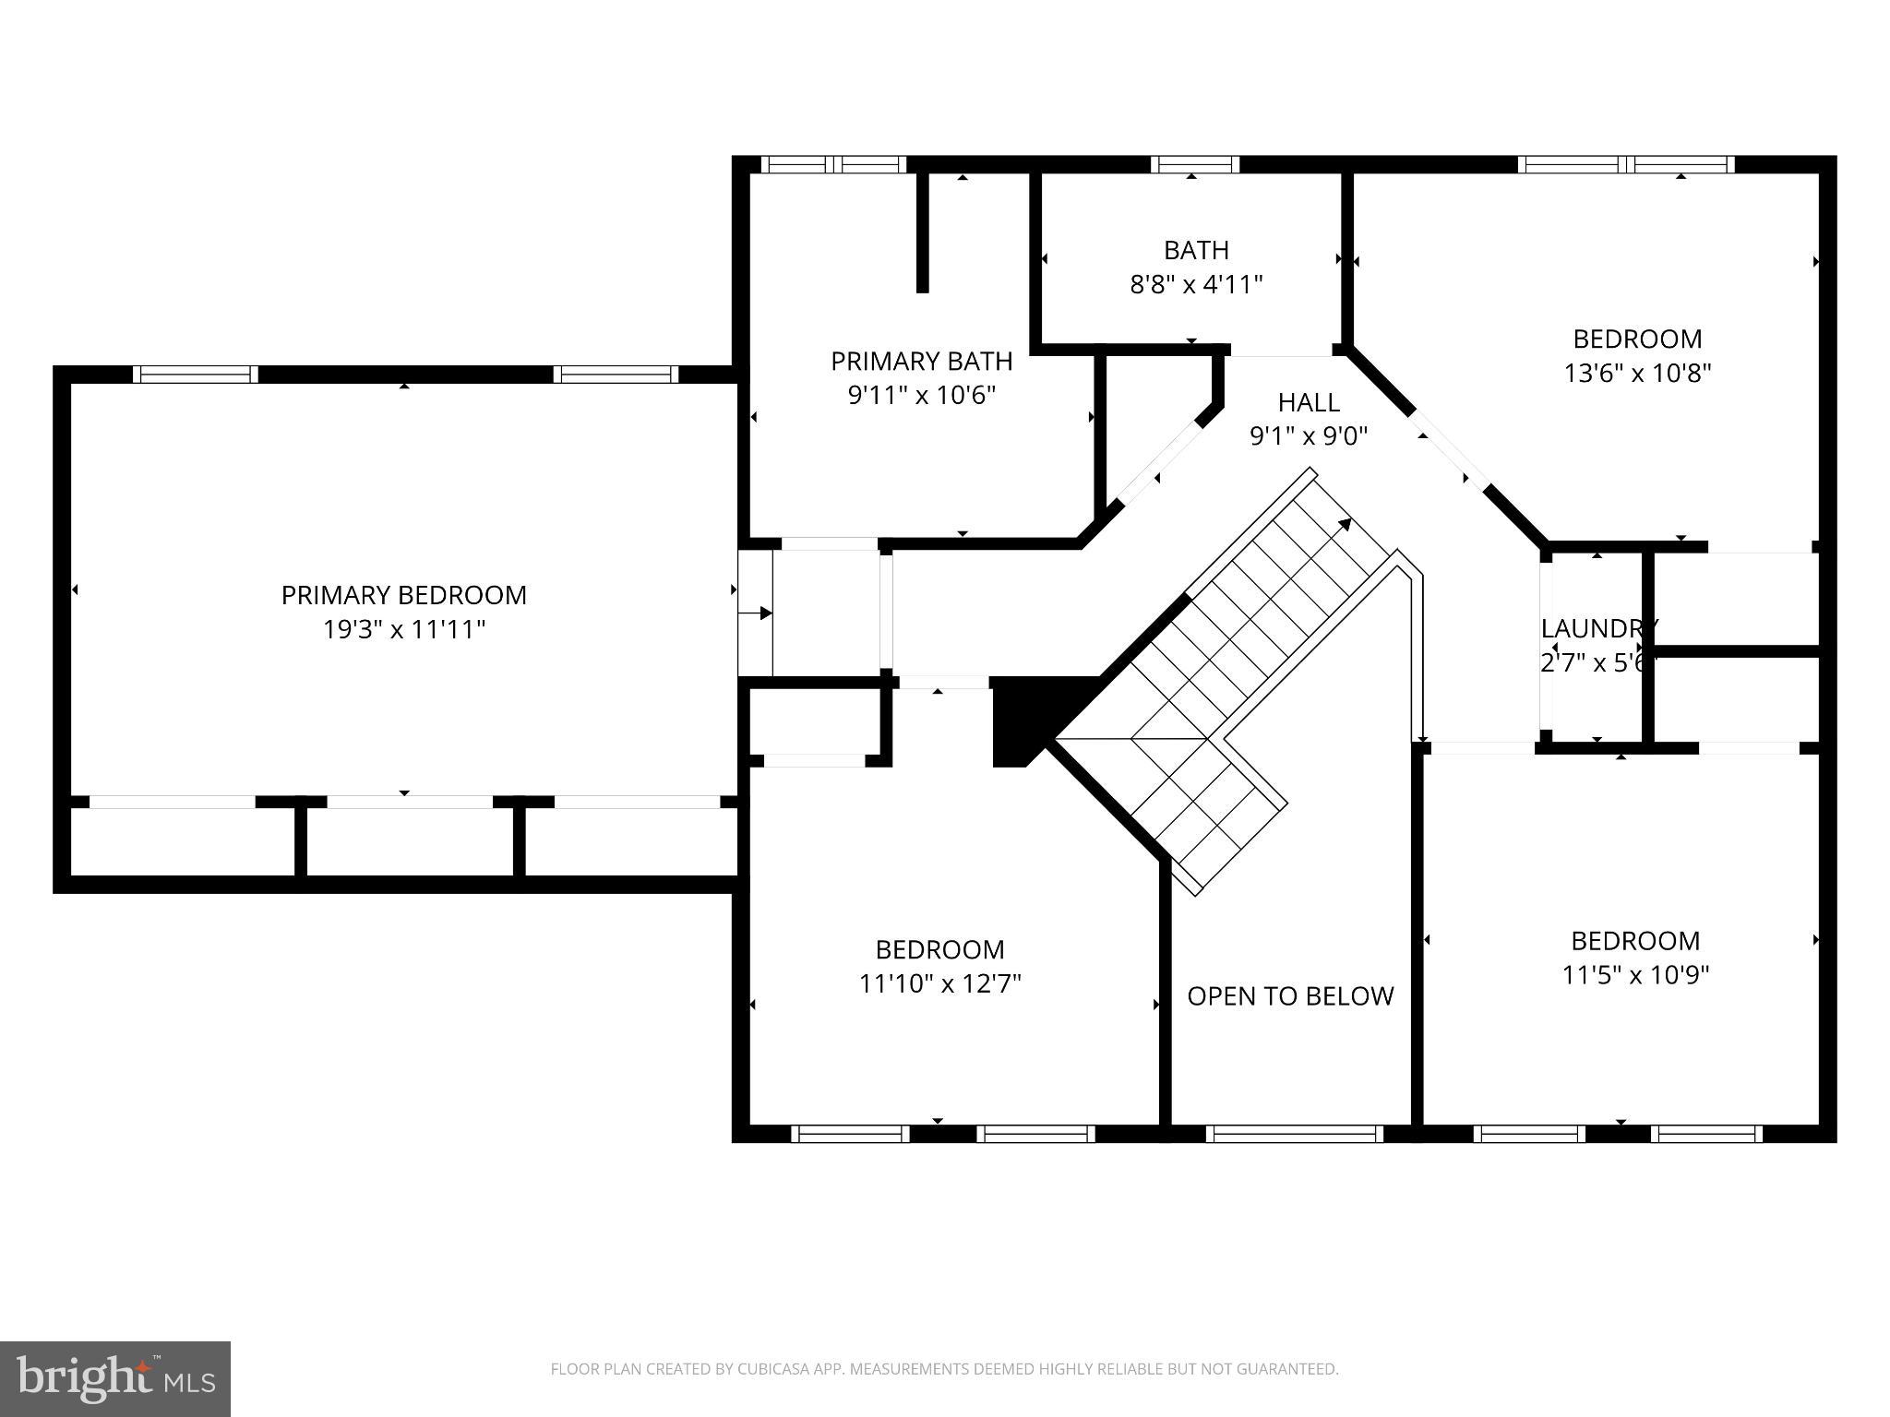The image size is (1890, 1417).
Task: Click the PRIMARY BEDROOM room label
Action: (403, 595)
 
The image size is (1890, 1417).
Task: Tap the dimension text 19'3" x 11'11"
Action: (403, 630)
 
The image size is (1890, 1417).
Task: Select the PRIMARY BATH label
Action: (921, 361)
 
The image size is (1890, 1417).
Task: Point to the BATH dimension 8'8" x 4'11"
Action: (1196, 284)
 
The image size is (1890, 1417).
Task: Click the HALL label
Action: (1309, 402)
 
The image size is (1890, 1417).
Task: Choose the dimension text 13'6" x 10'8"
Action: (1637, 374)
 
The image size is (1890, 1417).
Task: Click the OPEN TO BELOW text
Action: (1290, 996)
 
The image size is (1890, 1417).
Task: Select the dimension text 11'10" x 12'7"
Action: (939, 984)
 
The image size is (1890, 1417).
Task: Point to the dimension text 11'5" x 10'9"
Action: (1635, 975)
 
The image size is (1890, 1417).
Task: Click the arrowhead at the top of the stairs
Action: (1346, 524)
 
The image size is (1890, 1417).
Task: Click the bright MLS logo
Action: (115, 1378)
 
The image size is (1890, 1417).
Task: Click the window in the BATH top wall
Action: (1195, 164)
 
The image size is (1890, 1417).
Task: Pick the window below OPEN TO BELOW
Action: (1294, 1134)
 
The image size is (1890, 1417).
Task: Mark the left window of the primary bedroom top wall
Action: (196, 374)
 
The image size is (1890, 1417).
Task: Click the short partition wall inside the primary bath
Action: (922, 231)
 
